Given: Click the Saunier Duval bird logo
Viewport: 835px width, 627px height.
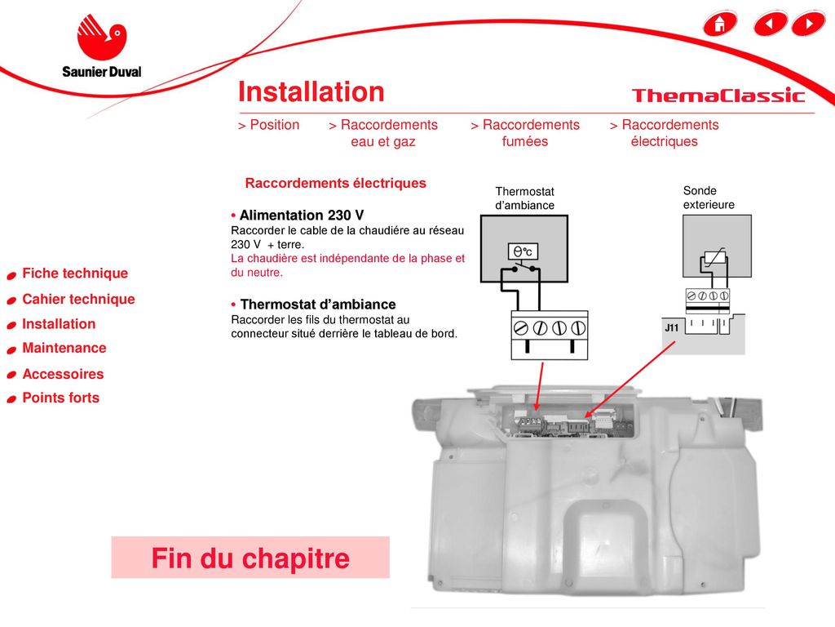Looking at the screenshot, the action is point(102,37).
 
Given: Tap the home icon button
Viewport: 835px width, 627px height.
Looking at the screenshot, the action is point(720,24).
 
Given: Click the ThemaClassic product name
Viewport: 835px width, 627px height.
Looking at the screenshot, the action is point(718,96).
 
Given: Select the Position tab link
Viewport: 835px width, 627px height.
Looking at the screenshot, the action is point(268,125).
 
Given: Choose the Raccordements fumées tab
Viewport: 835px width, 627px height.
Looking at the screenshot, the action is point(525,133).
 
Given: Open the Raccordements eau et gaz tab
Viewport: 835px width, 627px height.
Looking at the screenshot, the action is point(383,133).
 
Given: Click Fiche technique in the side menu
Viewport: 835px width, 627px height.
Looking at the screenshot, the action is point(75,273).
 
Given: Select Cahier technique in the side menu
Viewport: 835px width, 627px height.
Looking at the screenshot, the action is point(78,299).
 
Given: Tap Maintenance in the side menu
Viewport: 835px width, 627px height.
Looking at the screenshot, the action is point(64,348).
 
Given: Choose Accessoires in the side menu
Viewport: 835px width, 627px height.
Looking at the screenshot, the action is point(63,374).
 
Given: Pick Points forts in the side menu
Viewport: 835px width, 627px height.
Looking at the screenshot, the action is point(60,398).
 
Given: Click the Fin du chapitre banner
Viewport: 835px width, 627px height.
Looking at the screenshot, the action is point(250,558).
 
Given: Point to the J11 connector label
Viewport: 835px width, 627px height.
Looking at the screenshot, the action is point(672,327).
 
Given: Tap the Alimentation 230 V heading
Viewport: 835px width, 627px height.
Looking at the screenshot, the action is point(302,216).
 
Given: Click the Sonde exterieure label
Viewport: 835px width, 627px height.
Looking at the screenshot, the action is point(709,198).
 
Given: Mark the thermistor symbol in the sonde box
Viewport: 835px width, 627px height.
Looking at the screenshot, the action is point(714,257).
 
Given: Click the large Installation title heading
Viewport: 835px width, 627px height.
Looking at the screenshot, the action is point(311,91).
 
